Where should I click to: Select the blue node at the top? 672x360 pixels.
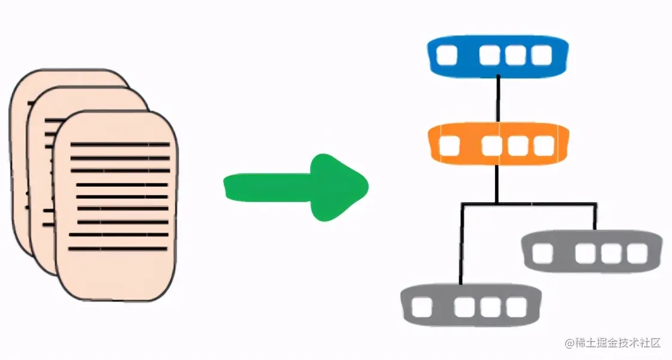coord(498,55)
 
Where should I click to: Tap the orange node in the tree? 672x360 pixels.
coord(498,145)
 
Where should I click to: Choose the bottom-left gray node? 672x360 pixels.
coord(470,306)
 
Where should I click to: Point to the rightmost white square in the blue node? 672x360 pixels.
coord(541,56)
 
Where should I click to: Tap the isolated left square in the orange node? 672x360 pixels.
coord(449,145)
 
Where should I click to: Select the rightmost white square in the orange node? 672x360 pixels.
coord(544,145)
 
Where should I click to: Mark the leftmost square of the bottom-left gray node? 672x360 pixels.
coord(422,307)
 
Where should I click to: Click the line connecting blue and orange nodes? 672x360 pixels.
coord(498,100)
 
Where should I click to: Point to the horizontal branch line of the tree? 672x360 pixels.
coord(528,205)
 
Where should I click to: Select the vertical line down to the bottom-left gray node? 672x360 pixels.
coord(461,246)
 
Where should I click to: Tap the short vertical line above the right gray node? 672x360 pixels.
coord(595,218)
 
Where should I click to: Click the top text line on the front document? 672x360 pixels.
coord(120,144)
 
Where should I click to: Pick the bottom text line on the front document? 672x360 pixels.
coord(117,248)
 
